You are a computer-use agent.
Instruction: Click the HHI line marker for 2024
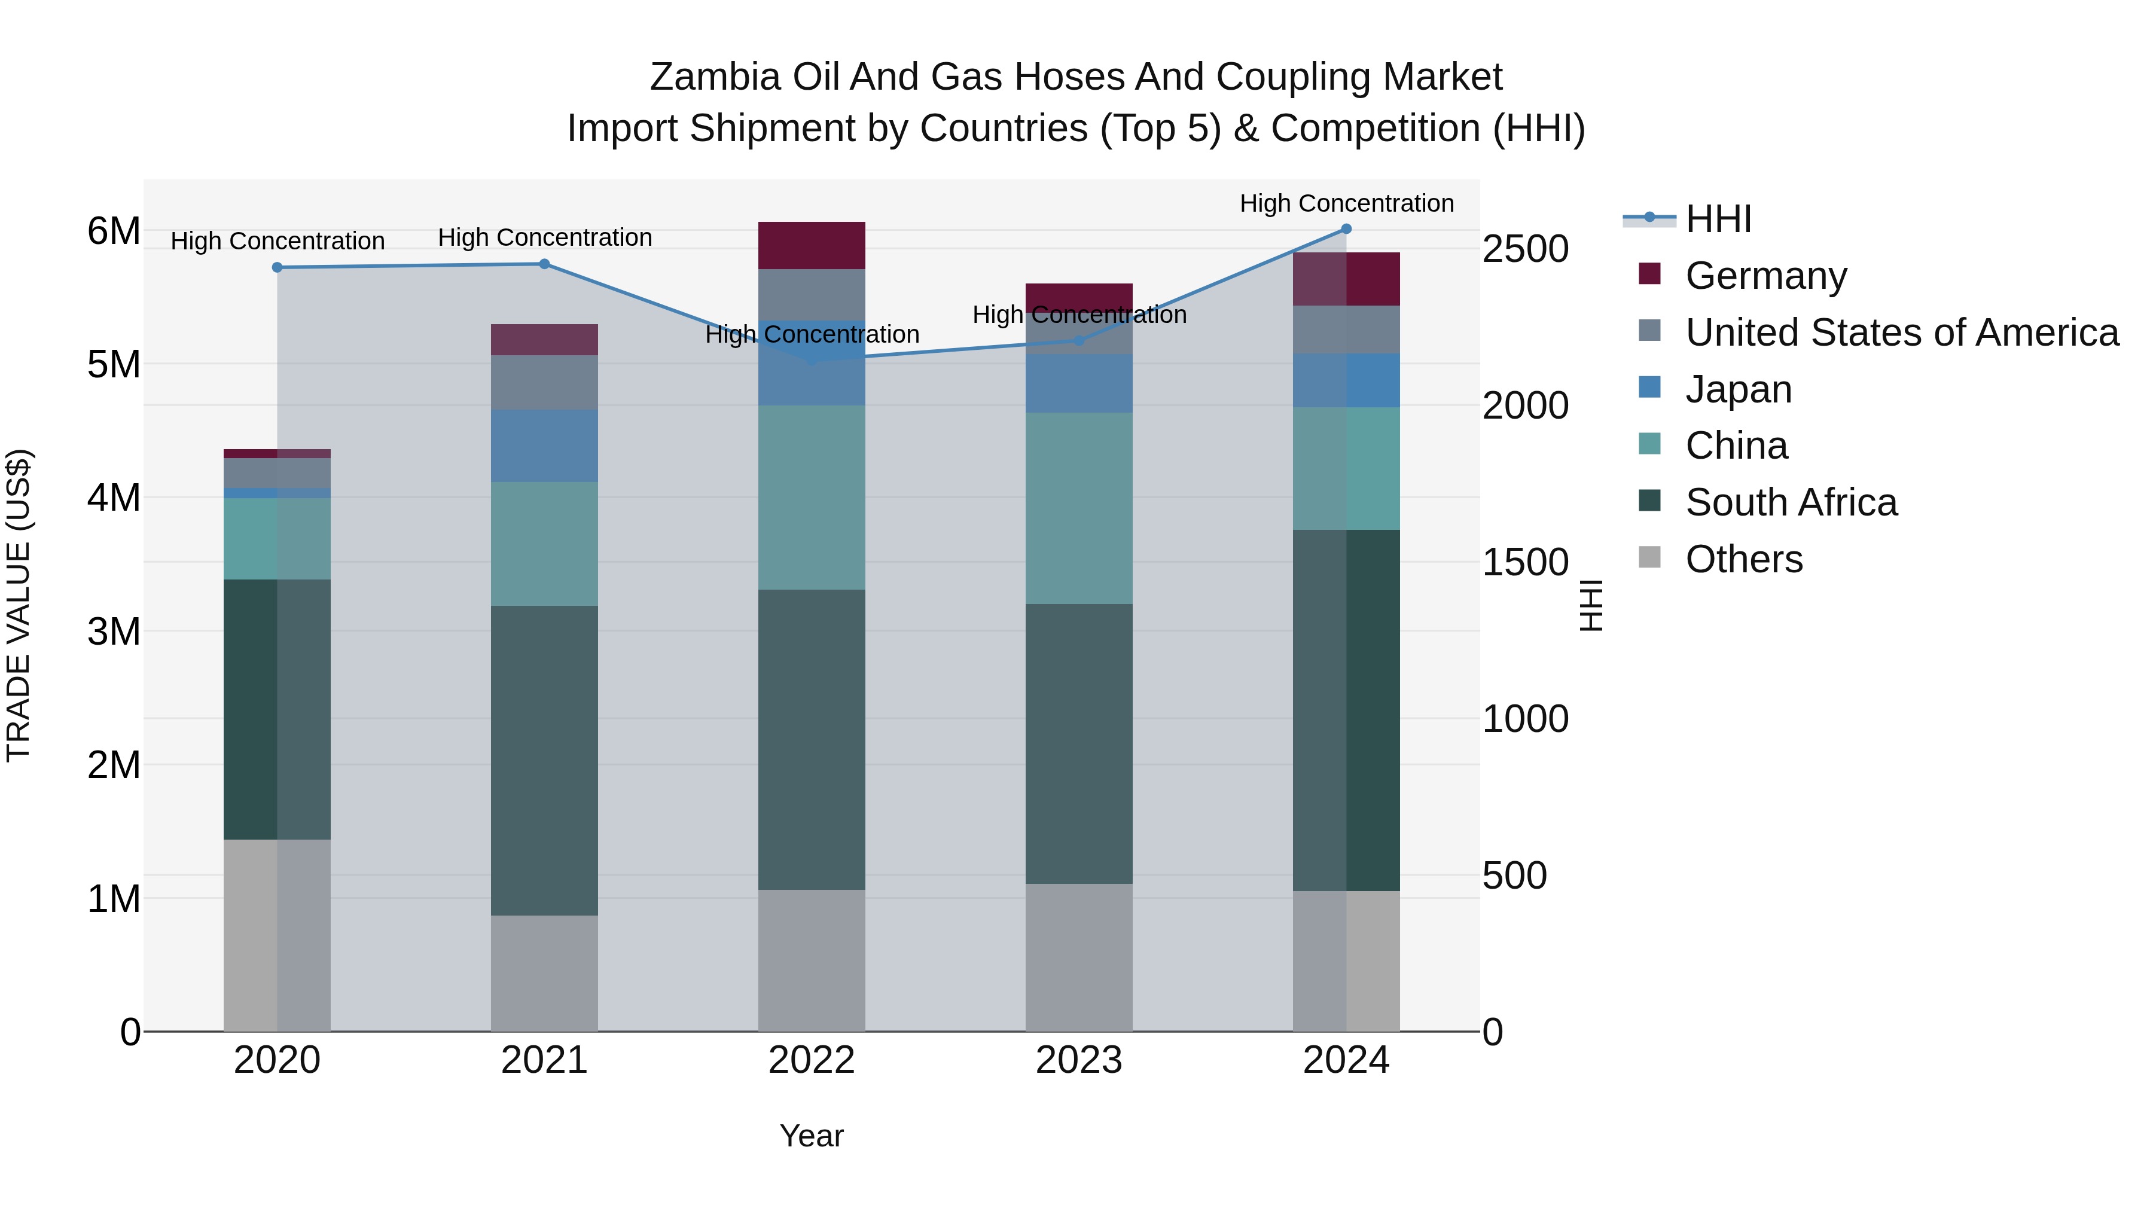pos(1346,229)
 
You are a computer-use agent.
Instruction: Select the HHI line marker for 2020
pos(277,267)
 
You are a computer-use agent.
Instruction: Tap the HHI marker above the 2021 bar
pos(544,264)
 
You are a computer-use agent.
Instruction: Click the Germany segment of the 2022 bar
pos(811,246)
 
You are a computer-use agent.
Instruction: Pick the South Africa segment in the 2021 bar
pos(544,761)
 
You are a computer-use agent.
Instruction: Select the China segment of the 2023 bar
pos(1078,508)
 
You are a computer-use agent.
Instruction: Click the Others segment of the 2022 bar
pos(811,961)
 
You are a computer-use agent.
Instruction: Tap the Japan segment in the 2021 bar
pos(544,446)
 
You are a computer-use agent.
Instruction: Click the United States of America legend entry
pos(1901,333)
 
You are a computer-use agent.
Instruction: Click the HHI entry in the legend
pos(1718,219)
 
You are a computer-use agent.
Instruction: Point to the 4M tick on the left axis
pos(114,498)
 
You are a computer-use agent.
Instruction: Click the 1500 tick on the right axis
pos(1524,563)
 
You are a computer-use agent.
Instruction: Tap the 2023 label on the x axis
pos(1078,1060)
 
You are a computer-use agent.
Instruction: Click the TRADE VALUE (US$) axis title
pos(19,605)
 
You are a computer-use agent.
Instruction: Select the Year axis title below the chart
pos(811,1136)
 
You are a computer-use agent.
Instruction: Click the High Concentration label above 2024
pos(1346,203)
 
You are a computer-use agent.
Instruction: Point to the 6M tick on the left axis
pos(114,231)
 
